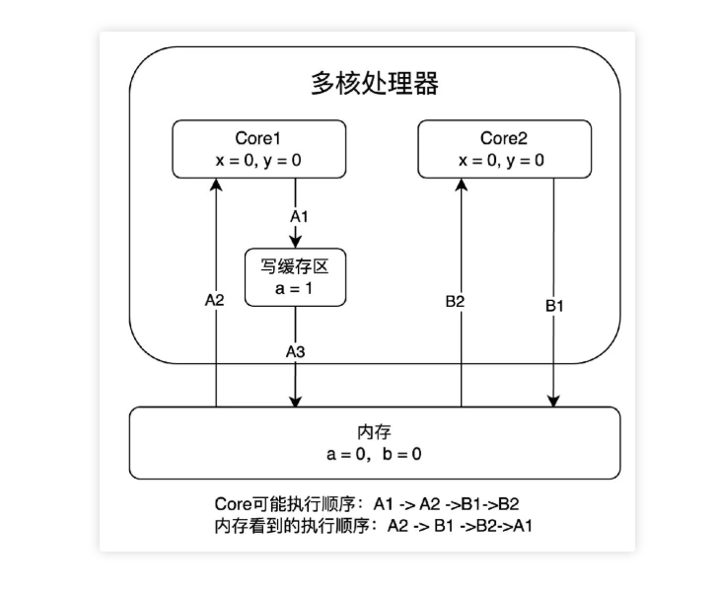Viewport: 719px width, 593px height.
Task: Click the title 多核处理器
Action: pos(376,84)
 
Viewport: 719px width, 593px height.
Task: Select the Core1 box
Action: pos(259,148)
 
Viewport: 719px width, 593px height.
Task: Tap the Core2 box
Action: pos(505,148)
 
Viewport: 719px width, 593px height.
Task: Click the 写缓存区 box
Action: pos(296,276)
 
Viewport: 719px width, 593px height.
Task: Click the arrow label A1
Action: pos(298,215)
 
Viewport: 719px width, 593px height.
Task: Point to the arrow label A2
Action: pos(214,300)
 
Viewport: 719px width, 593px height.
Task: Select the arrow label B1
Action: pos(555,306)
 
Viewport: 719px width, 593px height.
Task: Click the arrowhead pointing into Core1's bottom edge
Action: pos(215,184)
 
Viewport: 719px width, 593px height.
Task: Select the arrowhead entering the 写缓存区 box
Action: pos(296,243)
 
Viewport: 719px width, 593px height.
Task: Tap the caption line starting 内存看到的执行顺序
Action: pos(374,525)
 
